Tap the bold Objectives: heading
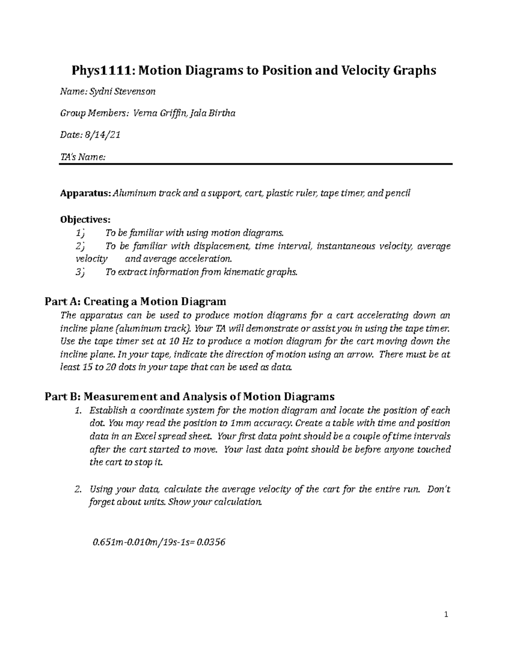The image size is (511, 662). coord(85,220)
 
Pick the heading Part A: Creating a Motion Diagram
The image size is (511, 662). coord(135,302)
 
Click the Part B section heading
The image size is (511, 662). coord(189,397)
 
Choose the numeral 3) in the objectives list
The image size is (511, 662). coord(79,272)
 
